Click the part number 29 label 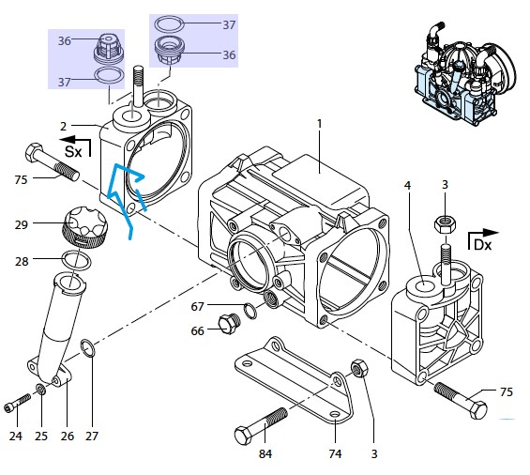(21, 224)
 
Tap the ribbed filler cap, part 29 (84, 226)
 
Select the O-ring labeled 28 (77, 260)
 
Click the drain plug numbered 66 (230, 324)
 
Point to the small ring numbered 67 (250, 311)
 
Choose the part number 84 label (265, 453)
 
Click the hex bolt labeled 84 (260, 426)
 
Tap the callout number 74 (335, 453)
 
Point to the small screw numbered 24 (18, 404)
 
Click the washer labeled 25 (41, 390)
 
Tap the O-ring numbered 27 (87, 348)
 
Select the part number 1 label (320, 124)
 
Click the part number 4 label (408, 185)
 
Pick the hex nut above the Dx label (446, 224)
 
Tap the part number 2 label (63, 127)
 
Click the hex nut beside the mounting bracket (359, 368)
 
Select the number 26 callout (68, 437)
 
